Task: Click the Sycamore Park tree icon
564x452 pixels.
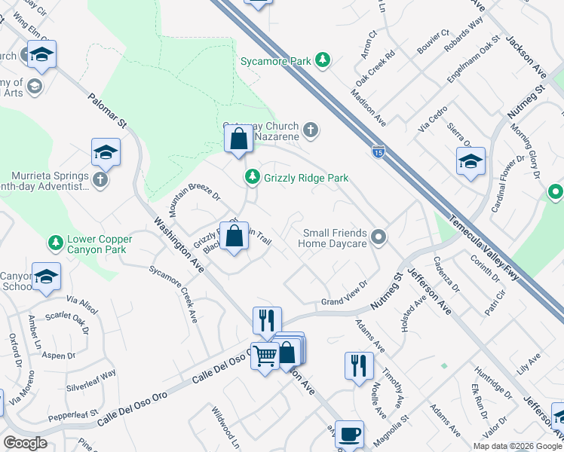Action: [x=323, y=60]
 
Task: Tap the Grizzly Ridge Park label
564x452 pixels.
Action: [x=306, y=178]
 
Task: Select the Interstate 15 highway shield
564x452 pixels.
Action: [x=377, y=152]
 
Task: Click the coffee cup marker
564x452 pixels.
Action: [x=349, y=434]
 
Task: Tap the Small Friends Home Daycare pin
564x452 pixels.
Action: [x=380, y=238]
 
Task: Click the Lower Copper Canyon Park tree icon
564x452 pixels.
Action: [x=55, y=243]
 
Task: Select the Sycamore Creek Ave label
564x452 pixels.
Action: [x=173, y=295]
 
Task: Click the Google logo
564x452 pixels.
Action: [x=25, y=443]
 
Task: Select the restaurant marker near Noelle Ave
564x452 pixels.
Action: [x=360, y=366]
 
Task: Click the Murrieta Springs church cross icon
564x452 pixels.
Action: [x=101, y=179]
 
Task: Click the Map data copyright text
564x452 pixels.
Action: [x=517, y=446]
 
